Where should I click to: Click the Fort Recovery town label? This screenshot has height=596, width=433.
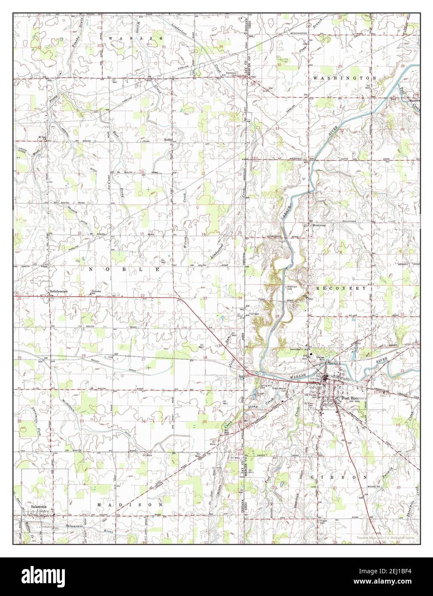[351, 398]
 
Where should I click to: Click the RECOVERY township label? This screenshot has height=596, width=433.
[341, 289]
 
